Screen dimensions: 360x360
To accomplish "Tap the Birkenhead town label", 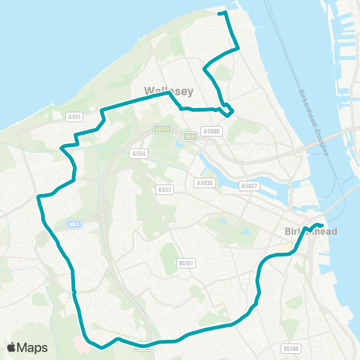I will [311, 232].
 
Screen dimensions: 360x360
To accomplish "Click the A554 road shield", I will [137, 153].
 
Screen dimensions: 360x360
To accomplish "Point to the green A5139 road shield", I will [163, 128].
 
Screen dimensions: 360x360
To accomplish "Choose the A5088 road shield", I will [212, 131].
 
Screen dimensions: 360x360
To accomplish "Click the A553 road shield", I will [165, 190].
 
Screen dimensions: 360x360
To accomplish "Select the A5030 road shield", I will [204, 183].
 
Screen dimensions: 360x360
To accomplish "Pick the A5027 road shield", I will [248, 185].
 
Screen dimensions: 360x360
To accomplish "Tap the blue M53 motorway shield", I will [73, 223].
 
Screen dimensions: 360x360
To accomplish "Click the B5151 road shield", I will [186, 263].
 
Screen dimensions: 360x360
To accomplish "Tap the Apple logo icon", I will [11, 347].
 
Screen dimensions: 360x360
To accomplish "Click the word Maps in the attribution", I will [32, 347].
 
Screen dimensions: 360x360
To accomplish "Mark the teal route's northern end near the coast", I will [219, 13].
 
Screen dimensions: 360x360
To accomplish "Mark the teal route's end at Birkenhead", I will [321, 226].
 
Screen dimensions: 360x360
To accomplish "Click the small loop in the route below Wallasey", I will [226, 109].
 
